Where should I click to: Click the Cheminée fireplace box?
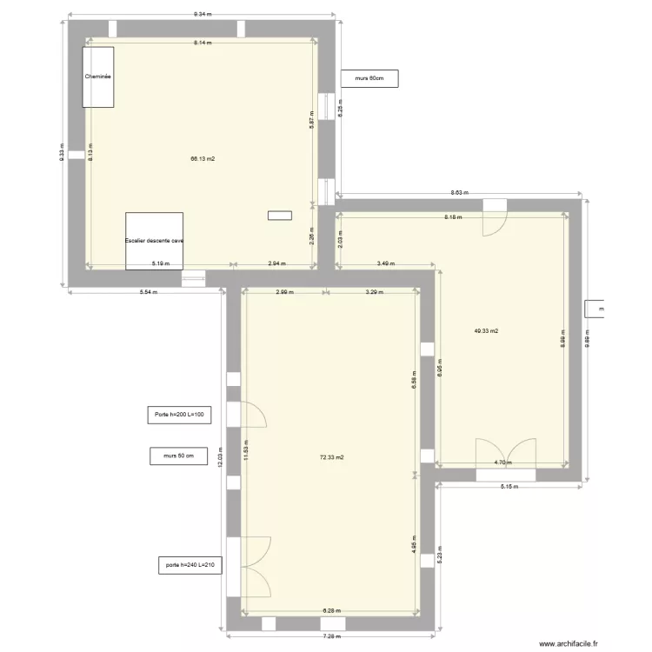98,77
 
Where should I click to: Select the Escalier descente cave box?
154,241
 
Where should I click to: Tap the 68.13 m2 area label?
203,159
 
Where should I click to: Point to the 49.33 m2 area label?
487,331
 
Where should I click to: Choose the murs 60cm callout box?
369,78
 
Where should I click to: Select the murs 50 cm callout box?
178,455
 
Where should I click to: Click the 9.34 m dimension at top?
203,15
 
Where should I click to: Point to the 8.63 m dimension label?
459,193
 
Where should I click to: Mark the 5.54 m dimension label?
148,292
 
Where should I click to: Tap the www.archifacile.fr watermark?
569,643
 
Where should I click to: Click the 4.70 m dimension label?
502,463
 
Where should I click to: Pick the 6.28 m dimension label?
332,611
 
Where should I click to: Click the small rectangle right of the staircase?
280,216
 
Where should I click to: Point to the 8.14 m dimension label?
203,42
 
